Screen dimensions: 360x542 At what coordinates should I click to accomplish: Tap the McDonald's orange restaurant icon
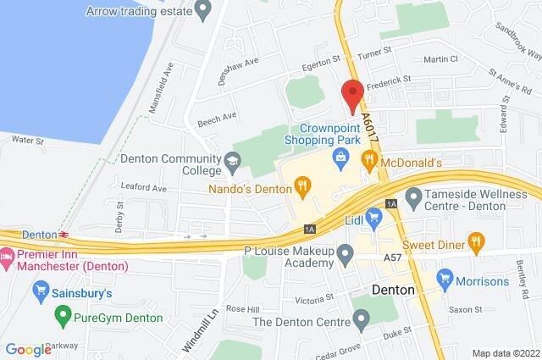tap(368, 159)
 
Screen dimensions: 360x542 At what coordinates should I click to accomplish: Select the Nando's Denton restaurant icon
tap(301, 183)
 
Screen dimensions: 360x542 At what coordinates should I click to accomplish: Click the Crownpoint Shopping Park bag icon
tap(340, 155)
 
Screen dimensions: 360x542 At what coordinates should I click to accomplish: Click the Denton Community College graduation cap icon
tap(231, 159)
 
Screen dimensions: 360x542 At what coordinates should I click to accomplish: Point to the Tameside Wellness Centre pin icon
tap(413, 200)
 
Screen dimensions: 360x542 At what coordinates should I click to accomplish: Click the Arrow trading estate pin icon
tap(202, 10)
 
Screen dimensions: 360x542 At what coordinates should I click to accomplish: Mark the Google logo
tap(28, 349)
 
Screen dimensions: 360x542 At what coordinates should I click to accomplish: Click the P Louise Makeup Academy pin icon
tap(345, 253)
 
